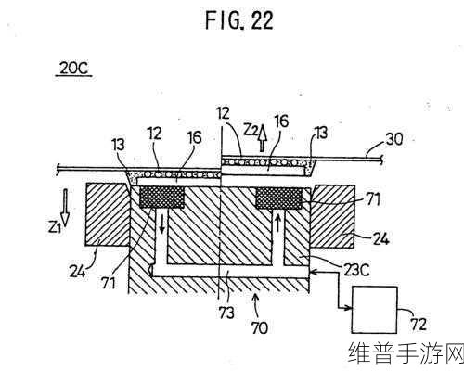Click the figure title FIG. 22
(239, 20)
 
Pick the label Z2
(250, 130)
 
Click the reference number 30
(394, 139)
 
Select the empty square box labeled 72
(375, 310)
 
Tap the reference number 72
(419, 325)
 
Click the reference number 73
(226, 313)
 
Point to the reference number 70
(259, 327)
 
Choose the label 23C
(355, 270)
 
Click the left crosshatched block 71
(161, 198)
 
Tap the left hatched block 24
(108, 214)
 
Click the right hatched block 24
(332, 216)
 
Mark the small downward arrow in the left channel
(161, 224)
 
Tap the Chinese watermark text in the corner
(406, 352)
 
